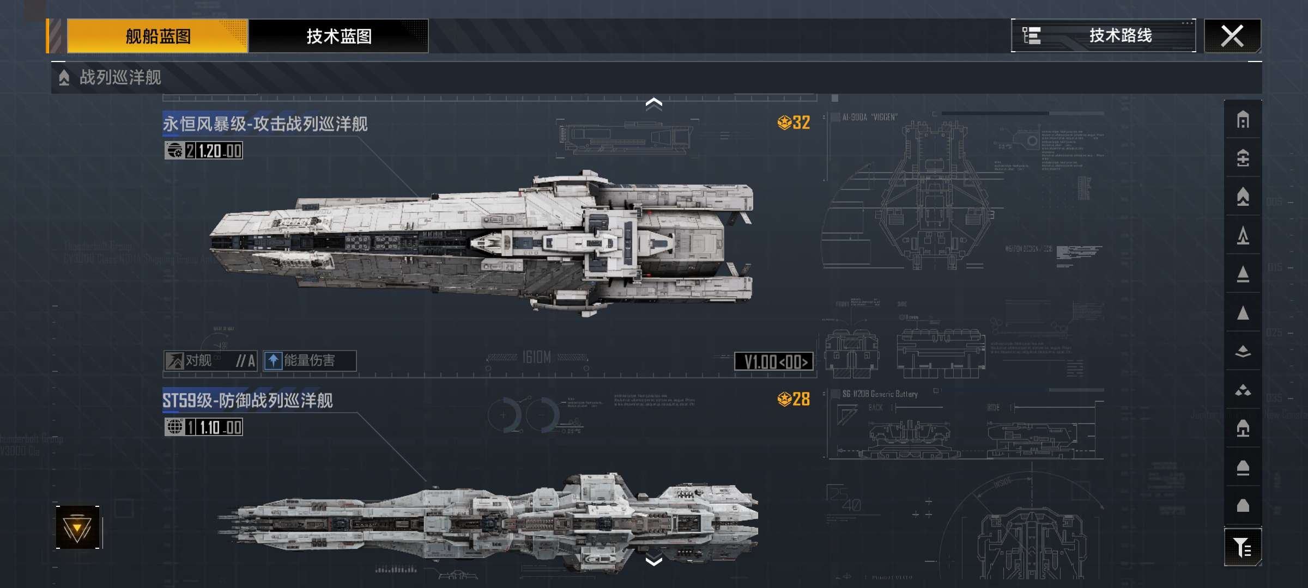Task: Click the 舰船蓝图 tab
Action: coord(158,36)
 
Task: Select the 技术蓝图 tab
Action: coord(338,36)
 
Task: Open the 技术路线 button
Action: coord(1104,36)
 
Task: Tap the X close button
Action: coord(1232,36)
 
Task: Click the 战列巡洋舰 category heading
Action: coord(120,77)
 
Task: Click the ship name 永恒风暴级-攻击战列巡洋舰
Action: coord(265,124)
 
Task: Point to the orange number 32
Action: coord(800,122)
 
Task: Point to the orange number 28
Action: coord(800,399)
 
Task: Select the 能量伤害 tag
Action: coord(310,360)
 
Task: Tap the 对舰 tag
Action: coord(210,360)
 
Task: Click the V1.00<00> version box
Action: coord(774,362)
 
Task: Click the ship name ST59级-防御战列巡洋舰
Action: coord(247,401)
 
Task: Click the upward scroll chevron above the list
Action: coord(653,103)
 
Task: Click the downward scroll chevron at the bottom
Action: coord(653,561)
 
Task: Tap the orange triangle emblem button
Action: coord(77,528)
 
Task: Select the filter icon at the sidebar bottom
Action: coord(1243,547)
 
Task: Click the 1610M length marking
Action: coord(536,357)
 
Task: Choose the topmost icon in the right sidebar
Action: coord(1243,120)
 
